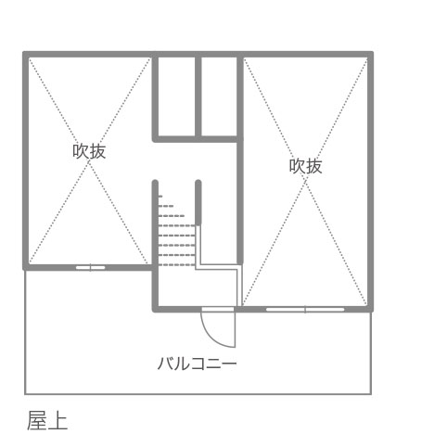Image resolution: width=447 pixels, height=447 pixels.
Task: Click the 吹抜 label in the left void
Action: [x=89, y=151]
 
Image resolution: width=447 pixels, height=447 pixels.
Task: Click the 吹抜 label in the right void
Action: [x=305, y=166]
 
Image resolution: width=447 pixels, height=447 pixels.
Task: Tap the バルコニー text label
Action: [x=197, y=364]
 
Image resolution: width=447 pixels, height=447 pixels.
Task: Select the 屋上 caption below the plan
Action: [x=47, y=420]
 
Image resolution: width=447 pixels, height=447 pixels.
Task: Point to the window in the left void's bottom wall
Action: [x=90, y=267]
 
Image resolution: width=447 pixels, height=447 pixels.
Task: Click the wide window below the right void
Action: [x=305, y=309]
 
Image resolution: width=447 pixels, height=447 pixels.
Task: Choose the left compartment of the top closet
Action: [x=176, y=96]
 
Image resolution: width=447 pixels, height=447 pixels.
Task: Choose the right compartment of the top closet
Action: [x=219, y=96]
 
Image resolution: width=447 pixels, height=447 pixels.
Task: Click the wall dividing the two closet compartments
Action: [x=198, y=96]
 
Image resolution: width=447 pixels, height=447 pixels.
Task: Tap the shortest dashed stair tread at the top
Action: [x=160, y=197]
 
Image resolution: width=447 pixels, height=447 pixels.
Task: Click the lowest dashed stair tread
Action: [x=177, y=265]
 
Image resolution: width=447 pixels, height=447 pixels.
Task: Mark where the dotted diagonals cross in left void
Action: [x=89, y=161]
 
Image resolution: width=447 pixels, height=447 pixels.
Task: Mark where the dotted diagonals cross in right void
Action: [x=305, y=182]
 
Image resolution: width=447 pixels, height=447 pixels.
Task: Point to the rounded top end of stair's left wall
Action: [x=155, y=182]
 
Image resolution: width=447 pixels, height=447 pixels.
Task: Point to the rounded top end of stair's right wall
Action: [x=198, y=182]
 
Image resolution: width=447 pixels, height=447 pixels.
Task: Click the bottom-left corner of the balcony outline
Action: [x=25, y=394]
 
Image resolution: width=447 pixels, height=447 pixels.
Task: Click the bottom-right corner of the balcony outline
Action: [x=371, y=394]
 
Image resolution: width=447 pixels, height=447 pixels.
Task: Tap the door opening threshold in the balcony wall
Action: [x=218, y=309]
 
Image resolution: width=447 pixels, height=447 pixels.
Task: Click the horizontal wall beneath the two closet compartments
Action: [x=198, y=139]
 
